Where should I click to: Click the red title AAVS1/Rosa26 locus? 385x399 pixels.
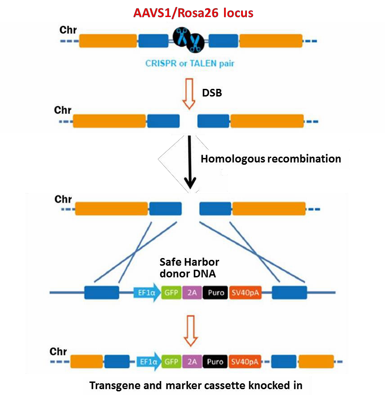click(x=193, y=13)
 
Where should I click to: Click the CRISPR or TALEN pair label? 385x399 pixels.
click(x=189, y=63)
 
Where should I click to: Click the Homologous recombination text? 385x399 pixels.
click(x=270, y=159)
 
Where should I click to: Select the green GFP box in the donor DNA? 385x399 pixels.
click(x=171, y=293)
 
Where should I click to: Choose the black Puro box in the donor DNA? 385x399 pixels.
click(x=216, y=293)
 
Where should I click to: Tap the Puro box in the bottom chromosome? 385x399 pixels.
click(x=216, y=361)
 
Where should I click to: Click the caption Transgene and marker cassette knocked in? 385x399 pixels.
click(x=196, y=385)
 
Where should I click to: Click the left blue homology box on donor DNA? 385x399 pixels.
click(x=102, y=293)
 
